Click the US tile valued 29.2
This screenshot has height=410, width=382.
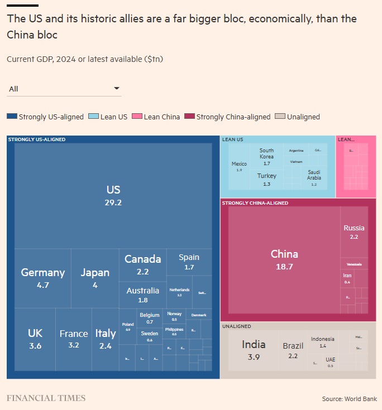113,195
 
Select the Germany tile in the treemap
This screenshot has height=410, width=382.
43,277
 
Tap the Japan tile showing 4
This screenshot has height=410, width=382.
95,277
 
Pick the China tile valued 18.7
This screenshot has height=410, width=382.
284,259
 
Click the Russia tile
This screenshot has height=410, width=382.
354,231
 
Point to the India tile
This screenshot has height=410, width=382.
254,350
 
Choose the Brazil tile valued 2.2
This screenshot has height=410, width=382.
293,350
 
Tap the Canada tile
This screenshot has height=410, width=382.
142,264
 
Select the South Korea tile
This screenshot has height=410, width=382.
266,157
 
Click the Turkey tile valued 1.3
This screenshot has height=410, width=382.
266,179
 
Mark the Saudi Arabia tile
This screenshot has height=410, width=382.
314,178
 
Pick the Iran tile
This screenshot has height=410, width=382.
347,278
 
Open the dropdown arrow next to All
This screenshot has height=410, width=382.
117,88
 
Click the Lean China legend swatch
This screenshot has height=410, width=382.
137,117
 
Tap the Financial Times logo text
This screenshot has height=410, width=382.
46,398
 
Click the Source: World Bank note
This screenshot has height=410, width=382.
349,398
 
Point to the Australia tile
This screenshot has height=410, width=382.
142,295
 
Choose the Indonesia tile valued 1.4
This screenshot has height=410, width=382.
323,341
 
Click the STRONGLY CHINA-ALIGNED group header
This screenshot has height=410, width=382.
255,203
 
